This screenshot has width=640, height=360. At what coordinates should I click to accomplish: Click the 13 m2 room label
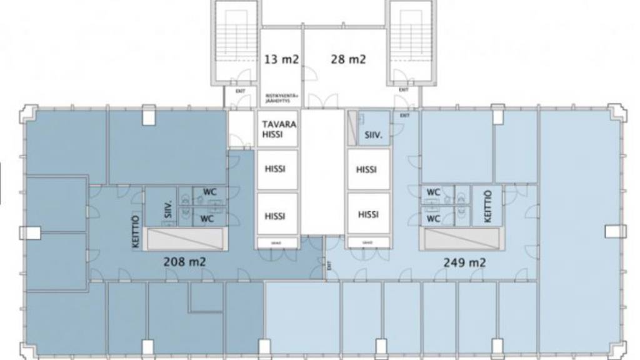point(281,60)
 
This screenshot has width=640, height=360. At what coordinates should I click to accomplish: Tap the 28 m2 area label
point(348,60)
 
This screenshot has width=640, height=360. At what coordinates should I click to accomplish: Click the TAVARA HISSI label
point(279,129)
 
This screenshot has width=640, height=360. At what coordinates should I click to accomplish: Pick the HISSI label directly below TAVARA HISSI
point(275,169)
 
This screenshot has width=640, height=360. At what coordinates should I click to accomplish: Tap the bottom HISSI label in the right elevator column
point(369,214)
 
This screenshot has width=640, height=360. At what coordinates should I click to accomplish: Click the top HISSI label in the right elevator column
point(366,169)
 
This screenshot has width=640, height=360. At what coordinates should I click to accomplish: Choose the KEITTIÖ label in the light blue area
point(488,206)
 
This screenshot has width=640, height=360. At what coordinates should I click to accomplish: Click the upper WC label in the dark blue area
point(207,192)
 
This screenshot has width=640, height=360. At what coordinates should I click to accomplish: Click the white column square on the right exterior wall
point(615,232)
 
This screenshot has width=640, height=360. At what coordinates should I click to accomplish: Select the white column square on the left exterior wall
point(30,233)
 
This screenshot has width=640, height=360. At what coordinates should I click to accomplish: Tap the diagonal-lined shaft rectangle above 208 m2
point(184,239)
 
